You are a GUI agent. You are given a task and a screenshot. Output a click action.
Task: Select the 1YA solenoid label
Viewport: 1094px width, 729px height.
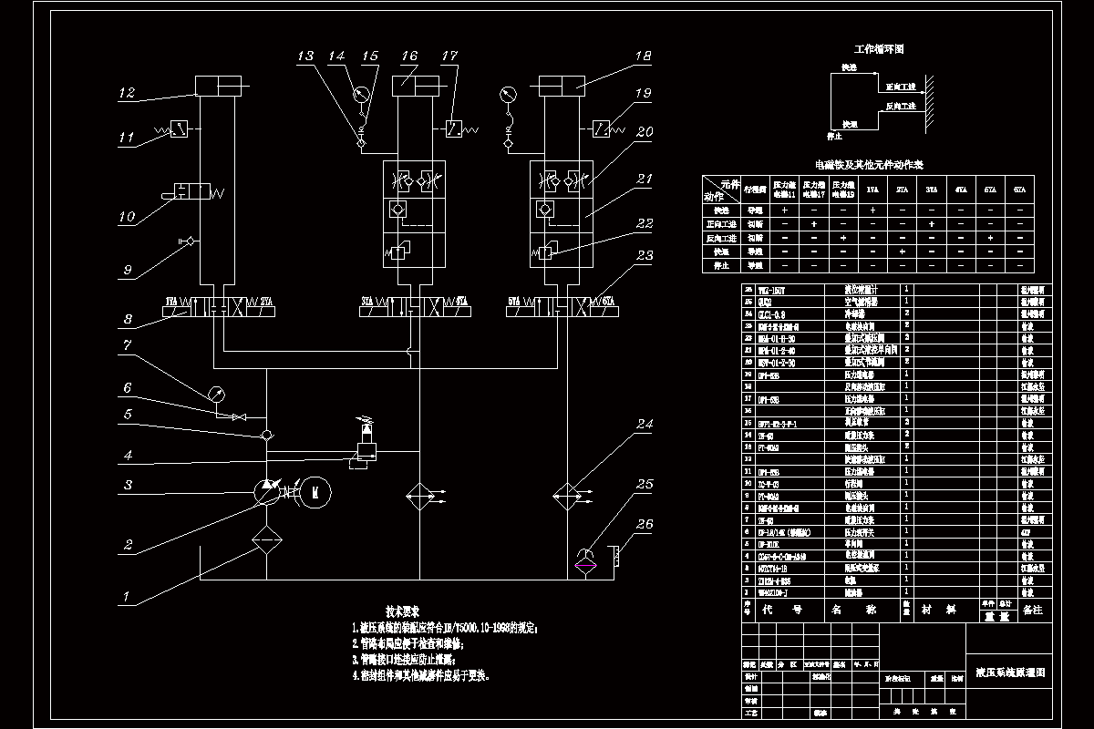coord(171,301)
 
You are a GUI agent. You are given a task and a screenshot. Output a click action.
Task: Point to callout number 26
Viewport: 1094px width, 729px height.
coord(645,524)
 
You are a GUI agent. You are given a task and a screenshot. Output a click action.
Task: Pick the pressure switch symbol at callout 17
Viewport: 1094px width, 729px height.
coord(453,128)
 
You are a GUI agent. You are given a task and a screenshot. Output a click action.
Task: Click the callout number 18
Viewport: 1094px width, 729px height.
coord(644,56)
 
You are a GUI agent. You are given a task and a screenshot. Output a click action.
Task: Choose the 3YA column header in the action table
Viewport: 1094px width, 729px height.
coord(931,190)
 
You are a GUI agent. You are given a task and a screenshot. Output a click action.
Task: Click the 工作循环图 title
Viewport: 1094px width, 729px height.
coord(878,48)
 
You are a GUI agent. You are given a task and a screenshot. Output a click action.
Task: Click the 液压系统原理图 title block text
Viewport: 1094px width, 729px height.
coord(1009,673)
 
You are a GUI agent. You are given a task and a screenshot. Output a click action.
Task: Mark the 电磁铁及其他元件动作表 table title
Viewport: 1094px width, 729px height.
coord(869,165)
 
